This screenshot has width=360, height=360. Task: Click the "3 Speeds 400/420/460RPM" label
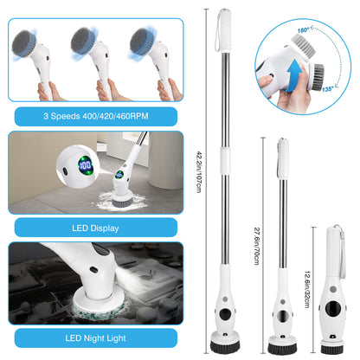point(93,115)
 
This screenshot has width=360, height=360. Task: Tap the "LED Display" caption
point(93,228)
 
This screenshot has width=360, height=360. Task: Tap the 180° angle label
point(304,30)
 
